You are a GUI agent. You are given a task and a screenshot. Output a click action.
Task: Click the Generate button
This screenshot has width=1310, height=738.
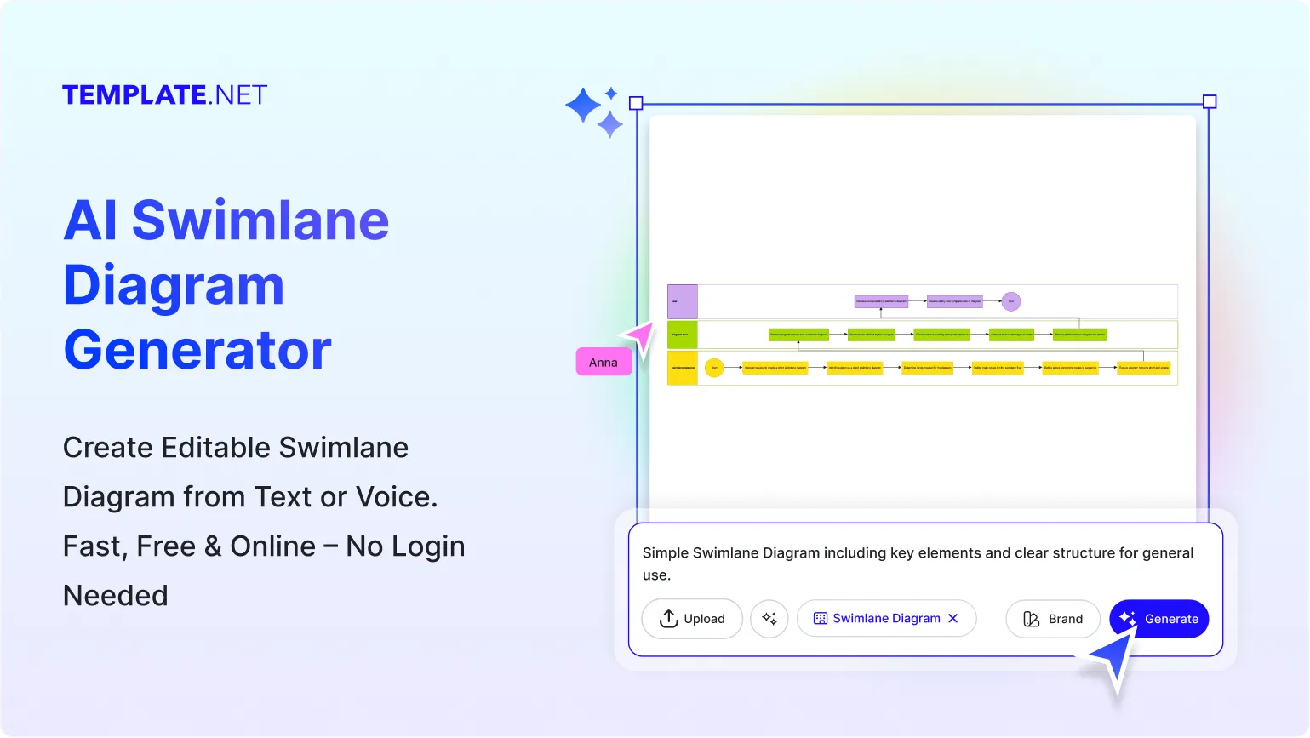[x=1158, y=619]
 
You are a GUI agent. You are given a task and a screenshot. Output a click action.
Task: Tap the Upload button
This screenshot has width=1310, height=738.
[x=691, y=619]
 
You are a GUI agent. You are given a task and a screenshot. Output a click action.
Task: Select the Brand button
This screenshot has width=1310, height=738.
[x=1052, y=619]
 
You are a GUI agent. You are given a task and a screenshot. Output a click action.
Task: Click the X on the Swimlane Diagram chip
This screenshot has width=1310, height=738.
[x=953, y=618]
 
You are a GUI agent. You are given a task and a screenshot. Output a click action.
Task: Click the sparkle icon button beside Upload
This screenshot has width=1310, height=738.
[x=769, y=619]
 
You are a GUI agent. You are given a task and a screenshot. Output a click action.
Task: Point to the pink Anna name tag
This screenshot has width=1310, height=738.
[x=604, y=362]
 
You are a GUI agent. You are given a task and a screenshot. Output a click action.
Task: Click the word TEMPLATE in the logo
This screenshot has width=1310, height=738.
[x=134, y=94]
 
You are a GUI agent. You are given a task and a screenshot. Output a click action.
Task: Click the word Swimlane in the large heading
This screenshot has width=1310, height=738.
[x=260, y=220]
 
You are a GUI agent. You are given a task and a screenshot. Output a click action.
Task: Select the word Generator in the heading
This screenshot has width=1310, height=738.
[x=197, y=350]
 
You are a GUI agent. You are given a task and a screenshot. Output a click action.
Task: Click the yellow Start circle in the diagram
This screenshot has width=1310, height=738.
[x=714, y=368]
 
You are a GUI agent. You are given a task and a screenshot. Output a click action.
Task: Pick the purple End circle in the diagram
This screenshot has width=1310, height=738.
[x=1010, y=301]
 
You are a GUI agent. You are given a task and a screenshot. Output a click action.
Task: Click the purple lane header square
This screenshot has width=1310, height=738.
[x=683, y=301]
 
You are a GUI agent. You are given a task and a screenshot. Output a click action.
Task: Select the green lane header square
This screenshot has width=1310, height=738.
[x=683, y=335]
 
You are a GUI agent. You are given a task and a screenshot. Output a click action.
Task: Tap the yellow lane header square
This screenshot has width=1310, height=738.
[x=683, y=368]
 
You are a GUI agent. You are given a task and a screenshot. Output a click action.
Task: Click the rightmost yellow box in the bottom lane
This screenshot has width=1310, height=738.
[x=1143, y=368]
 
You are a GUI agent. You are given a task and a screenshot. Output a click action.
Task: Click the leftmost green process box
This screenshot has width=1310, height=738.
[x=798, y=335]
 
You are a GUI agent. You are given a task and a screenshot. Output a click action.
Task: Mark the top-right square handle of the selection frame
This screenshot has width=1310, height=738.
[x=1210, y=102]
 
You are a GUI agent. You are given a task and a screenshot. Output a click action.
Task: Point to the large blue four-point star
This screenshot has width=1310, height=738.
[x=584, y=106]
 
